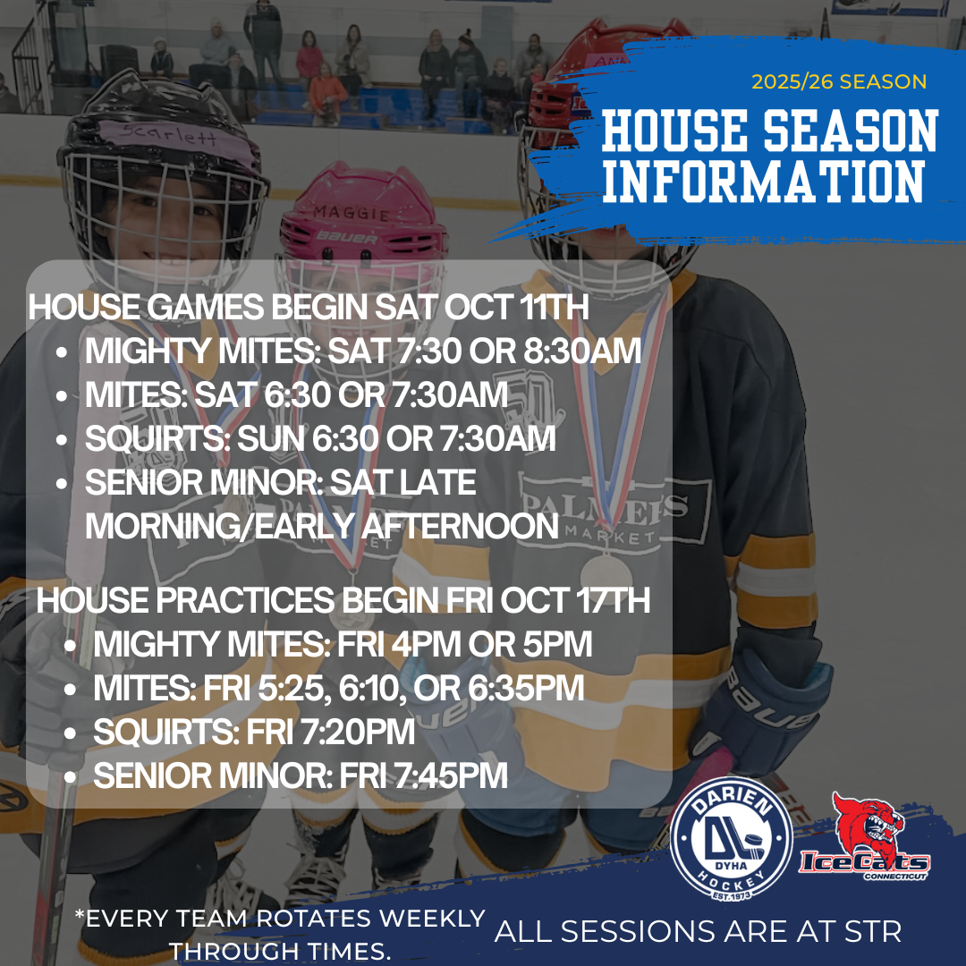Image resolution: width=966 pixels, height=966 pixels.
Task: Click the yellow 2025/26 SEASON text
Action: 838,82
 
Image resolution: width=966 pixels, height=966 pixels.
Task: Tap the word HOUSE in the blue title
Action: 674,131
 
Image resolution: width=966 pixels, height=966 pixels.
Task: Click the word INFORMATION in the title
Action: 763,181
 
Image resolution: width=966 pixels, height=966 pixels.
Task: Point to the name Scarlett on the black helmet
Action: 168,133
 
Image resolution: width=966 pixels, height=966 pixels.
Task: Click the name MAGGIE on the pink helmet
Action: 352,213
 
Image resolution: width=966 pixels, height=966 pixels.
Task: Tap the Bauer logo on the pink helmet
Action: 347,237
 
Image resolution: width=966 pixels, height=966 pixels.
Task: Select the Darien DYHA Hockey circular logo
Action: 731,839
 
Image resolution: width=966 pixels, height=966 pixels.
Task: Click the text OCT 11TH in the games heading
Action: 516,307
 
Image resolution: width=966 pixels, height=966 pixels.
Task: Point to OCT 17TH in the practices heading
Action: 575,600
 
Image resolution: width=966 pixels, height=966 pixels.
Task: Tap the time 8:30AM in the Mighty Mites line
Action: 582,351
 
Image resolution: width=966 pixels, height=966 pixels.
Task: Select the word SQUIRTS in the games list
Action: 157,438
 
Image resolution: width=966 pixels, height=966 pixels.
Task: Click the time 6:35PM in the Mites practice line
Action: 526,688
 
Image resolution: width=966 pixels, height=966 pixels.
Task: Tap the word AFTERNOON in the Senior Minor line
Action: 460,526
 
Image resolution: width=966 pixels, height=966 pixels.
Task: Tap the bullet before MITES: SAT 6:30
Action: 61,396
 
